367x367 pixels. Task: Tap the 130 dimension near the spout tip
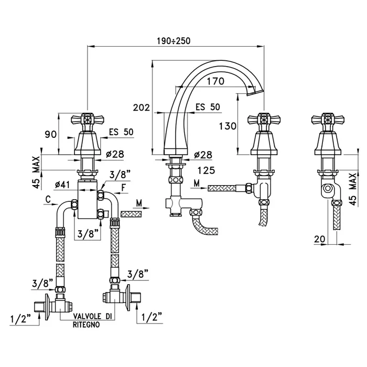[227, 126]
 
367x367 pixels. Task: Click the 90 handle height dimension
[50, 135]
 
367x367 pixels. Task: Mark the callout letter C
[47, 199]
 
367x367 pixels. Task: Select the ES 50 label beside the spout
[208, 107]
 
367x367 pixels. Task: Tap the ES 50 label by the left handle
[121, 132]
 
